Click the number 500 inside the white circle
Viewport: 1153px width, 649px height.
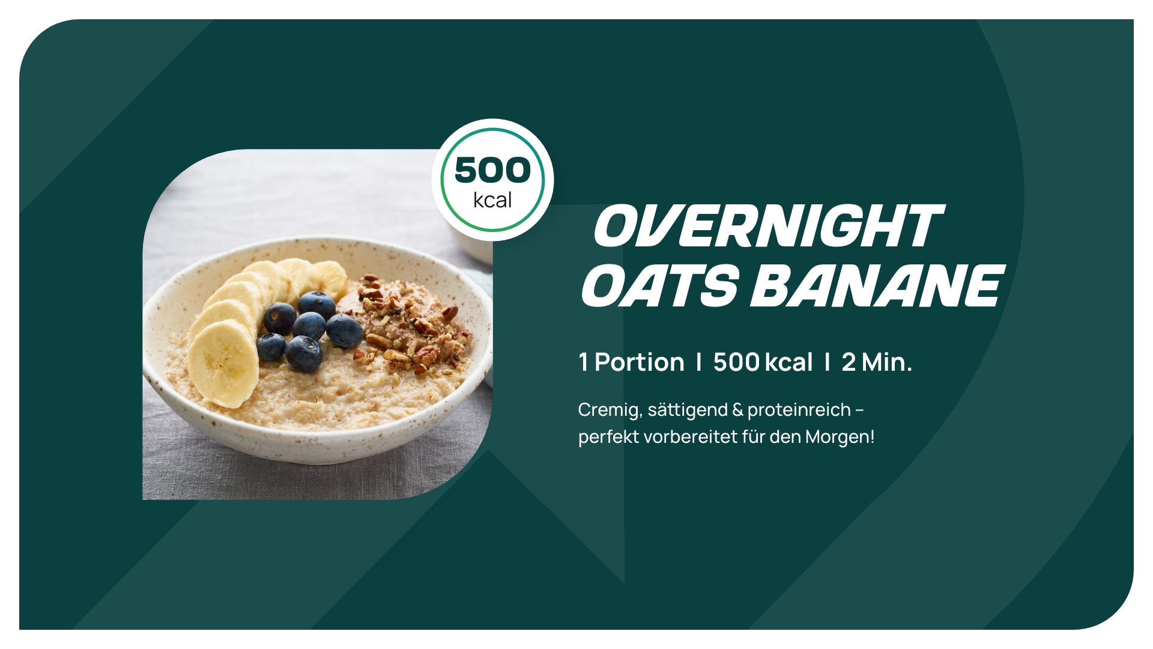[x=492, y=170]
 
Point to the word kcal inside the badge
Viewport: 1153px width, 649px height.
[x=492, y=200]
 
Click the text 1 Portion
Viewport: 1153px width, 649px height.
[x=631, y=362]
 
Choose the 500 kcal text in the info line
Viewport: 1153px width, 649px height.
[x=763, y=362]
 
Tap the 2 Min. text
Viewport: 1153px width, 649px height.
[x=877, y=362]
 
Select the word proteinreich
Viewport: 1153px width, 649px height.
[x=799, y=410]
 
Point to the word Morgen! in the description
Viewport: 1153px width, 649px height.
[x=840, y=437]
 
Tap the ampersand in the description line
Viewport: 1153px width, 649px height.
[x=737, y=410]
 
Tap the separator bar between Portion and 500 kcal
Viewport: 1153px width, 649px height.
[x=698, y=362]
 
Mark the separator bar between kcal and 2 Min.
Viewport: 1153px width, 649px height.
[x=828, y=362]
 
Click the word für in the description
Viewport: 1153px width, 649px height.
[x=753, y=437]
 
